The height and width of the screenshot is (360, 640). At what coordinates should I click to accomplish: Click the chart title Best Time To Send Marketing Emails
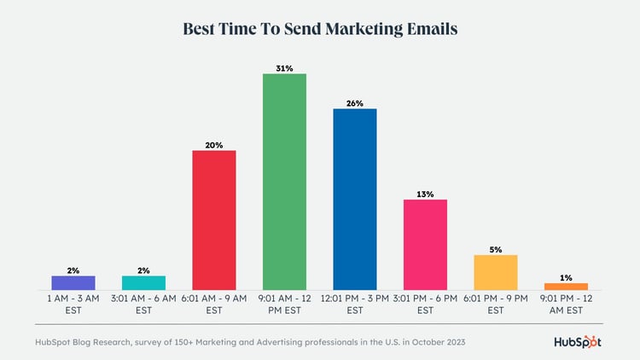(x=320, y=28)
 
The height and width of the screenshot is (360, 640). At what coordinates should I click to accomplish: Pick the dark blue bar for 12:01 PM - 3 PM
(x=355, y=199)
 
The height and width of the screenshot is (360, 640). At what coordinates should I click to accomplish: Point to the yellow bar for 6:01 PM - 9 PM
(x=495, y=272)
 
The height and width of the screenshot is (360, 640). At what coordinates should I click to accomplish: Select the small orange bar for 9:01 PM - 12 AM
(x=566, y=287)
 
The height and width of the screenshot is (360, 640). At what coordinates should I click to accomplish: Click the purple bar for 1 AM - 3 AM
(x=73, y=282)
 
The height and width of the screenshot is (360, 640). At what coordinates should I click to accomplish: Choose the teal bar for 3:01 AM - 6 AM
(x=143, y=282)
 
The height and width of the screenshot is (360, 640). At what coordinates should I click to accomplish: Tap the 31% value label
(x=284, y=67)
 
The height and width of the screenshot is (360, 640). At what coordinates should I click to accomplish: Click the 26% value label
(x=355, y=102)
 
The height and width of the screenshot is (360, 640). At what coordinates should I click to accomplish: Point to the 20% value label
(x=214, y=145)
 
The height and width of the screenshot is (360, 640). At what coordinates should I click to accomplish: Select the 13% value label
(x=425, y=194)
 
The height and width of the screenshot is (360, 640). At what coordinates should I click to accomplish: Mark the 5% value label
(x=495, y=249)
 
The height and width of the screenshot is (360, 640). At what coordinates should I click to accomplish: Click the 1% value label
(x=566, y=277)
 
